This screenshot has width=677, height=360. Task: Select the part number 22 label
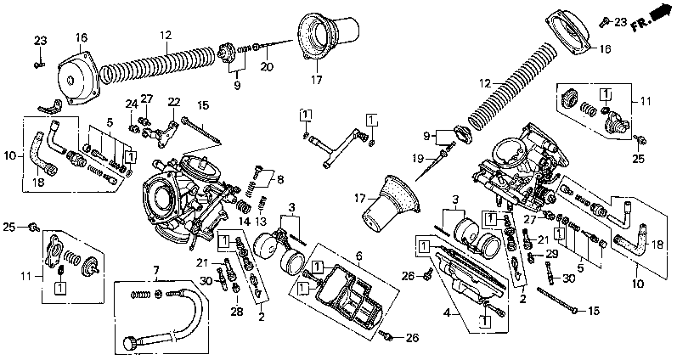(x=175, y=102)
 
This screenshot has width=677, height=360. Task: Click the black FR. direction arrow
(x=657, y=15)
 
